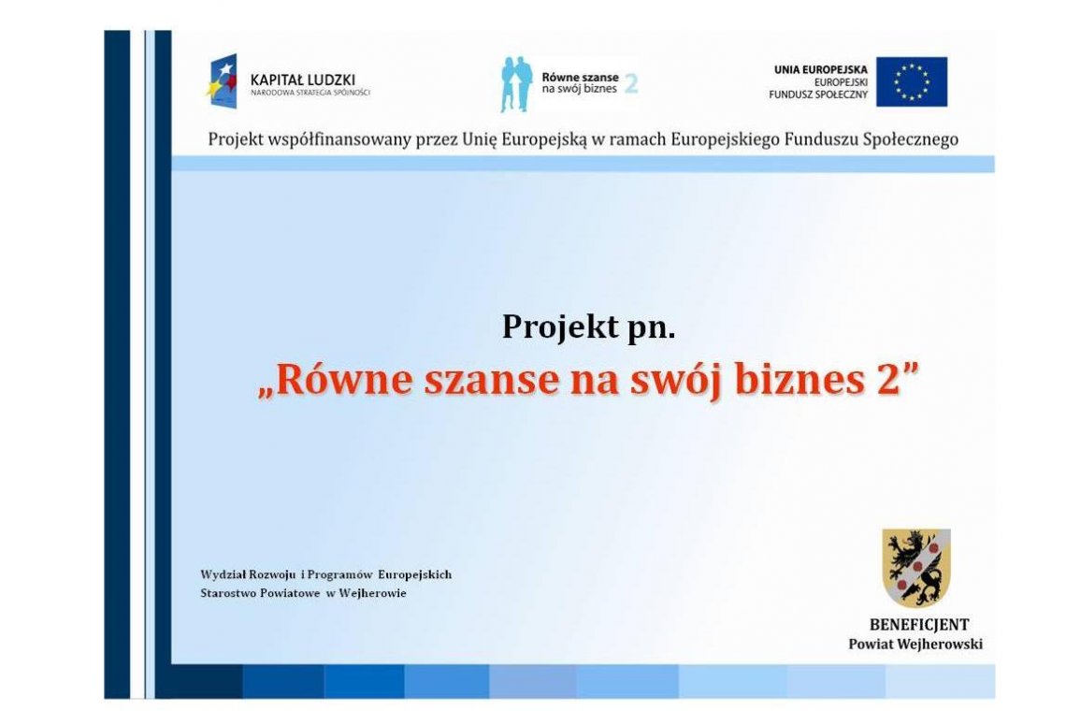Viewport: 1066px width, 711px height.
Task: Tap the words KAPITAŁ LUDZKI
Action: pyautogui.click(x=303, y=80)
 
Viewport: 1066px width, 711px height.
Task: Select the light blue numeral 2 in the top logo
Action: pyautogui.click(x=631, y=84)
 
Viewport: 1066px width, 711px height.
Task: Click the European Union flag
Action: pyautogui.click(x=911, y=82)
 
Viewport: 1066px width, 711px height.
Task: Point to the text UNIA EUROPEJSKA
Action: pyautogui.click(x=820, y=69)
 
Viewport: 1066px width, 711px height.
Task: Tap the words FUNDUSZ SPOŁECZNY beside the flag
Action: pyautogui.click(x=818, y=95)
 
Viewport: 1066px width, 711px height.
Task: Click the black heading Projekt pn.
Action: pyautogui.click(x=588, y=326)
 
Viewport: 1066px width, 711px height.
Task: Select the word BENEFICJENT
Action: pyautogui.click(x=918, y=625)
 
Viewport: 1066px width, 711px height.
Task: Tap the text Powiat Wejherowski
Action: pyautogui.click(x=915, y=645)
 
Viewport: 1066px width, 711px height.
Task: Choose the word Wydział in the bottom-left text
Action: pyautogui.click(x=222, y=574)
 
